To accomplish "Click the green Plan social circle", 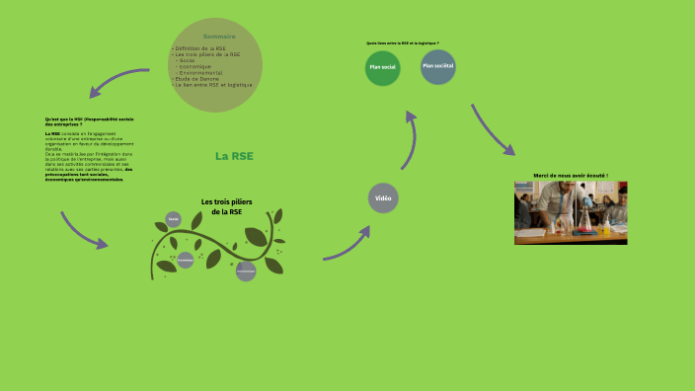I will (382, 67).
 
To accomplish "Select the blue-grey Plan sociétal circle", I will (437, 66).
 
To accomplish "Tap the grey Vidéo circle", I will (383, 198).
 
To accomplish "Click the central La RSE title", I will (234, 156).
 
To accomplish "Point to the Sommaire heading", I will (219, 37).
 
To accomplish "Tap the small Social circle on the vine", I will (174, 219).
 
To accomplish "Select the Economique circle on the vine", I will (185, 261).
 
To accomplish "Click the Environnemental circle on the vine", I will (246, 270).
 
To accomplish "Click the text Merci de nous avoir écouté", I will (571, 176).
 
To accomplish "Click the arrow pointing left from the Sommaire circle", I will (118, 83).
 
